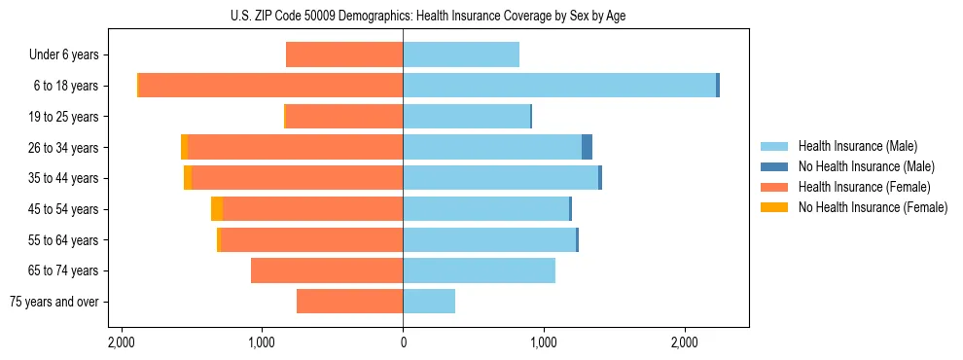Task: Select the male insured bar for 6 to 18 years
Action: coord(559,86)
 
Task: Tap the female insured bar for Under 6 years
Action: coord(344,54)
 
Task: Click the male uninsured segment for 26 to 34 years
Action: coord(587,147)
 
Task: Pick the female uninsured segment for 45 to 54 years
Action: coord(217,209)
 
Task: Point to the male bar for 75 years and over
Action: coord(429,302)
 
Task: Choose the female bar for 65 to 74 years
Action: coord(327,270)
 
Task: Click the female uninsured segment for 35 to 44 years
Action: coord(188,178)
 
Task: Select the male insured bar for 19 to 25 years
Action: coord(466,117)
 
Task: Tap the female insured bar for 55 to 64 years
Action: coord(312,239)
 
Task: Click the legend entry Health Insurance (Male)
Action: coord(857,146)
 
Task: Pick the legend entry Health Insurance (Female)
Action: coord(864,187)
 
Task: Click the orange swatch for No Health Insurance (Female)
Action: coord(775,207)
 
